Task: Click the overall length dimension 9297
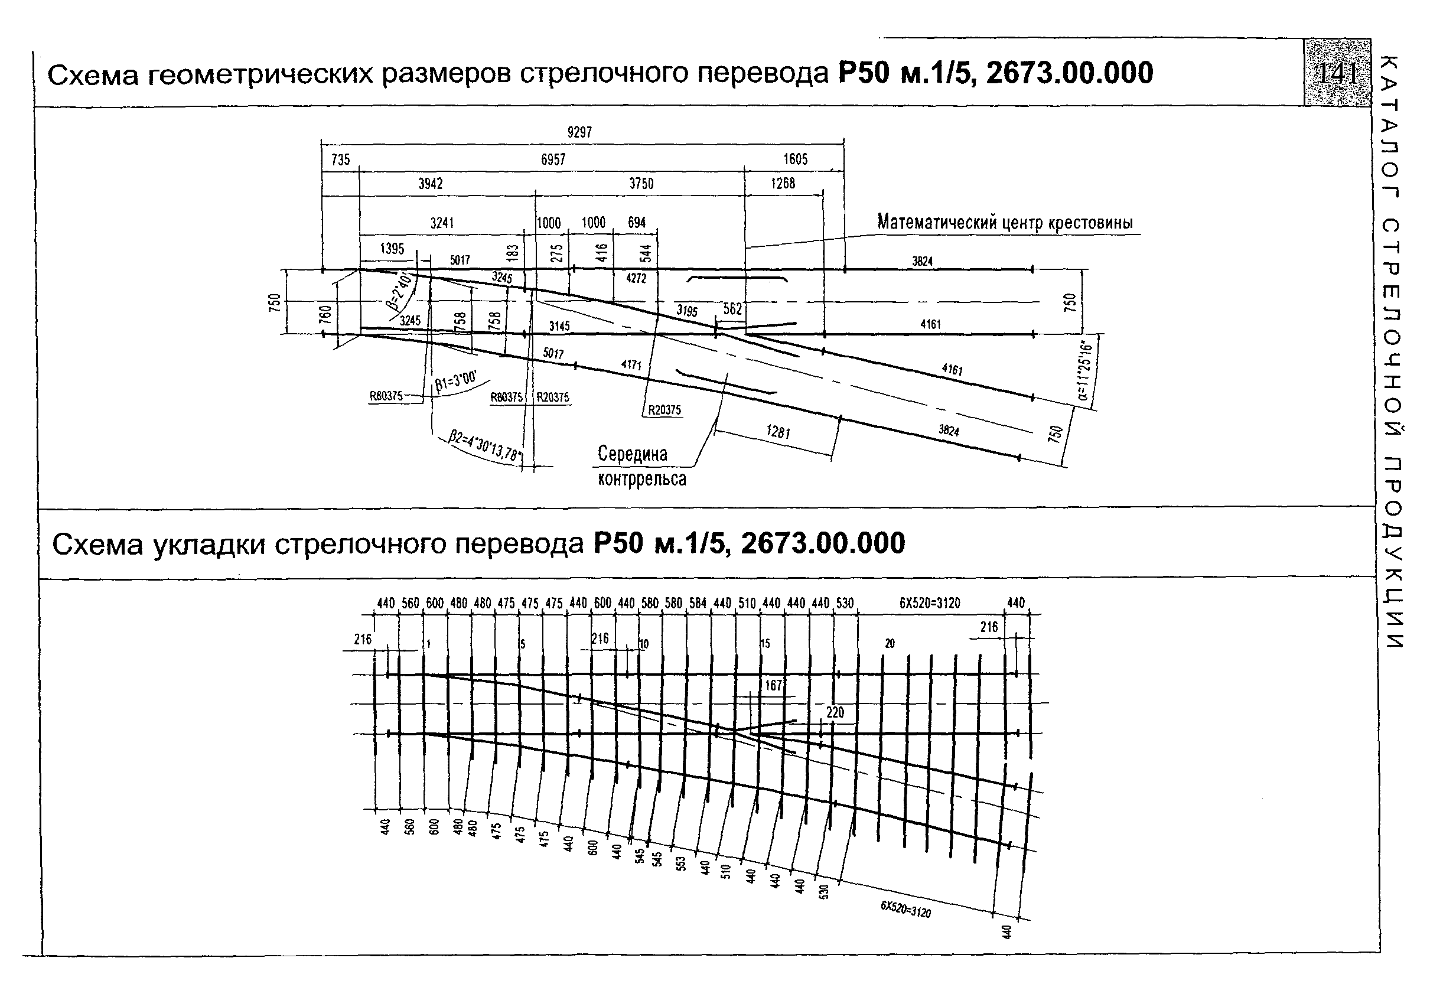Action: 579,133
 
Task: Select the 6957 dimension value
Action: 553,160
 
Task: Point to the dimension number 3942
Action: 431,184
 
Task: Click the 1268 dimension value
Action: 783,184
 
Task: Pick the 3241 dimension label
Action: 442,223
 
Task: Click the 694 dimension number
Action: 637,223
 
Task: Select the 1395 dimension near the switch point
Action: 392,249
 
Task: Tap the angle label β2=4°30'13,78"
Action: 486,446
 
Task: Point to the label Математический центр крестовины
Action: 1005,222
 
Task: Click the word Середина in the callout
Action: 632,454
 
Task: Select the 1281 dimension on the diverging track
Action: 778,432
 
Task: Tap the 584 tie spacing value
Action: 698,603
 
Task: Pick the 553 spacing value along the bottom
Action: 682,863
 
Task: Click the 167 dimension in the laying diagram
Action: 773,686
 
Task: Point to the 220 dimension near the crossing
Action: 835,712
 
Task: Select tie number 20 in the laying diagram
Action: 890,643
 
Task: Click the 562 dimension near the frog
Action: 732,309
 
